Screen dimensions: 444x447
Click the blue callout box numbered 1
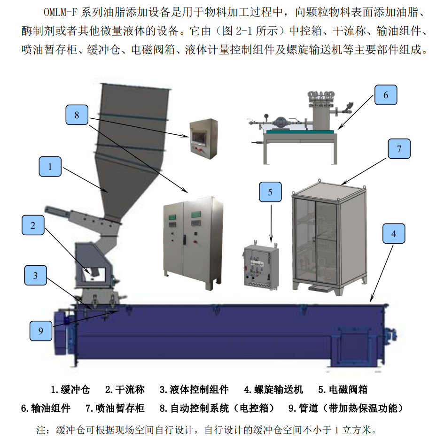(50, 167)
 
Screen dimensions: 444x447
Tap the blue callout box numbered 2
(33, 225)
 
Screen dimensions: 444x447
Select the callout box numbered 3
(35, 275)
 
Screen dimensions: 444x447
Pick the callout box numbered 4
(394, 233)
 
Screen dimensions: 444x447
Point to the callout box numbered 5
(270, 192)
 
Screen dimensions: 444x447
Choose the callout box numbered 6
(386, 95)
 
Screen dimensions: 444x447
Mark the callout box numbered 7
(399, 149)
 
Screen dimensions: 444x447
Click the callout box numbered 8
(77, 115)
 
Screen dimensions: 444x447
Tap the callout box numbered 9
(41, 331)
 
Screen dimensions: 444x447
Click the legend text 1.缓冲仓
(70, 389)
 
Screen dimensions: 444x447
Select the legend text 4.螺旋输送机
(273, 389)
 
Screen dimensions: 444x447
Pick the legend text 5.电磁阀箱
(343, 389)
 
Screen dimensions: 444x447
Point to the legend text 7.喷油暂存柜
(115, 408)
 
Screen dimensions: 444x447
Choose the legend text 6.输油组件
(46, 408)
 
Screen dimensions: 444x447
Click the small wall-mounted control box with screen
(204, 139)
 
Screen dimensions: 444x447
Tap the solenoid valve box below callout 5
(261, 266)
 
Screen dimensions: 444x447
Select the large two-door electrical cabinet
(193, 243)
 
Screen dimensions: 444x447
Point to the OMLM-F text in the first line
(61, 12)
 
